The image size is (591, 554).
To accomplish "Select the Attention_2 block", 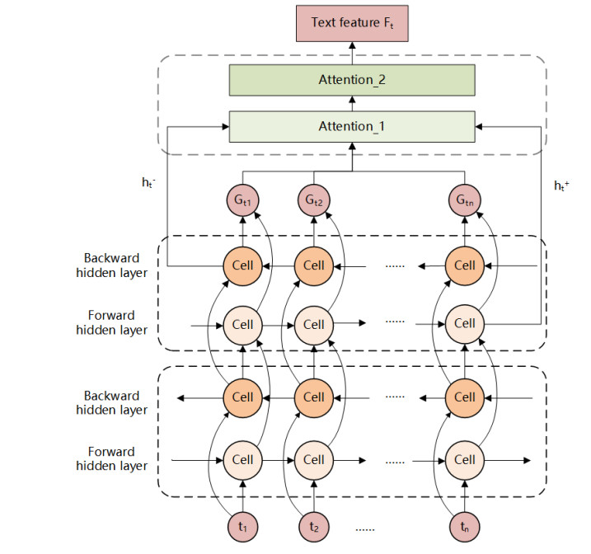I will [x=351, y=80].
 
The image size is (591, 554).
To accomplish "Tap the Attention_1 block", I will [x=351, y=126].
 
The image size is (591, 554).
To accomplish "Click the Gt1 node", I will [x=243, y=200].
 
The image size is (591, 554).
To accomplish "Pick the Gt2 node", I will [x=313, y=200].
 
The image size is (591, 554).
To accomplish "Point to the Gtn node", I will [x=464, y=200].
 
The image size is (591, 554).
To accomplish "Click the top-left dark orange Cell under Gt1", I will [x=243, y=265].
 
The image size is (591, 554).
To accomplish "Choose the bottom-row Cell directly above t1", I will [x=243, y=458].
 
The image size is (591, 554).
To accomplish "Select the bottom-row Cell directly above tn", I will [x=464, y=458].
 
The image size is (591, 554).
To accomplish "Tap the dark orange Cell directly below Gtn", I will [x=464, y=265].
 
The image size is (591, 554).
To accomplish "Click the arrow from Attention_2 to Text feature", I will [x=351, y=53].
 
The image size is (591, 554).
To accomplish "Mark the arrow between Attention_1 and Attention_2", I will [x=351, y=103].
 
